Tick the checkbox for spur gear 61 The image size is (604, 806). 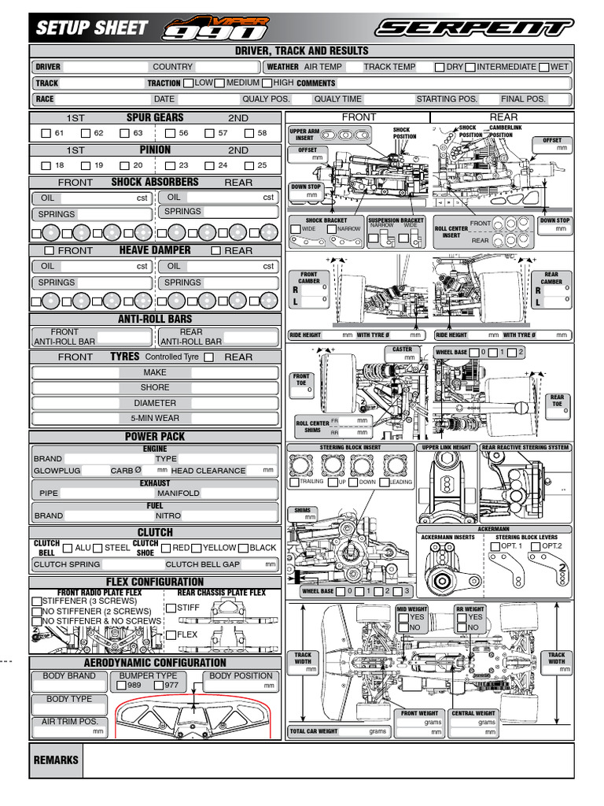pos(46,133)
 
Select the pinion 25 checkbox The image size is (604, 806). pos(249,165)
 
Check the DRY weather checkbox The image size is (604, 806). pos(440,67)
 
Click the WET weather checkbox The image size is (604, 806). pos(543,67)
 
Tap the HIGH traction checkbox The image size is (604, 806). pos(267,83)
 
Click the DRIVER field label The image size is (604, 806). pos(48,68)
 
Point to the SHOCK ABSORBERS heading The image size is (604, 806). pos(155,182)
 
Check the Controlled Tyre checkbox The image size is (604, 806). pos(208,357)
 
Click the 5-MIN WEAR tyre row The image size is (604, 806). pos(155,419)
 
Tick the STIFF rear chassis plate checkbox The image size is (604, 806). pos(171,608)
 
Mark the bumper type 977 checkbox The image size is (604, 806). pos(158,686)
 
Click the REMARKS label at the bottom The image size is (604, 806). pos(55,760)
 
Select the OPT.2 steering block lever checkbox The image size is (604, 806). pos(535,546)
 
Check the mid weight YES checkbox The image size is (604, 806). pos(402,618)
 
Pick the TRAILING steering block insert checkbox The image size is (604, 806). pos(293,482)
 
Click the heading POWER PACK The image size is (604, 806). pos(155,436)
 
